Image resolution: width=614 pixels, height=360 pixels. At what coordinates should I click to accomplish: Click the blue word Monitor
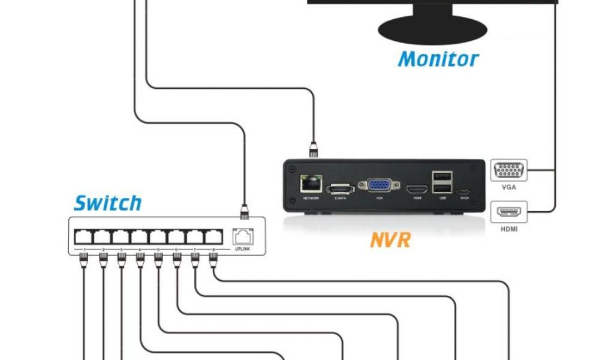pos(438,59)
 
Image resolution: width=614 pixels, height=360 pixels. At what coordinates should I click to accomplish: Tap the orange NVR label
pos(390,240)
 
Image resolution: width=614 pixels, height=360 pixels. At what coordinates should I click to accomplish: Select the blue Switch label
pos(108,203)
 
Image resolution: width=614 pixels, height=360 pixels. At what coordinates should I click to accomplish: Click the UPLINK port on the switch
pos(242,236)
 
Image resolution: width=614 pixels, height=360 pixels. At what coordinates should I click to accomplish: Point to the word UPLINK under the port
pos(242,249)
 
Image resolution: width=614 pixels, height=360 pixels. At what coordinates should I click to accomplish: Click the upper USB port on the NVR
pos(443,177)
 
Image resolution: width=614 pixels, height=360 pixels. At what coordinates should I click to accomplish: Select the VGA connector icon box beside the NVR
pos(509,170)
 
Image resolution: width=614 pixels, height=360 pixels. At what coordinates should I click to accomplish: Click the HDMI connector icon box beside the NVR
pos(509,212)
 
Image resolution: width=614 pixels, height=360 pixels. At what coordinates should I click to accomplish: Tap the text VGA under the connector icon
pos(509,187)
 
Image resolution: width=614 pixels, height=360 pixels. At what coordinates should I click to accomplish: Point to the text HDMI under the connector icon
pos(509,229)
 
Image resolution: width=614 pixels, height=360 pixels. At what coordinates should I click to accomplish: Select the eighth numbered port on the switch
pos(213,236)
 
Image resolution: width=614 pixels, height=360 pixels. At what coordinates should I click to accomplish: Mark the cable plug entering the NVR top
pos(312,149)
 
